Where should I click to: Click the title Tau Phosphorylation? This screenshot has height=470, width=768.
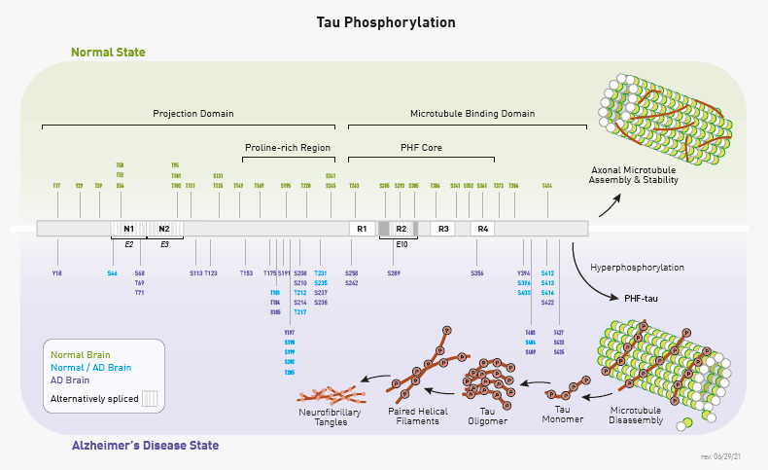385,21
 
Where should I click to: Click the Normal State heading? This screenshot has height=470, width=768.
108,52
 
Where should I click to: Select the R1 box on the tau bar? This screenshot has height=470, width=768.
362,229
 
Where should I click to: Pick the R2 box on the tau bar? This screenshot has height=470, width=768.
401,229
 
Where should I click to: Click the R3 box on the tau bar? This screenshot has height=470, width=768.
443,229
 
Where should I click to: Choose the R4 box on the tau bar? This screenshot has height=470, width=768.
483,229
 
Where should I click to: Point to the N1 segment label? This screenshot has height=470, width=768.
128,229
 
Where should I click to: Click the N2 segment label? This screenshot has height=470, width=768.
163,229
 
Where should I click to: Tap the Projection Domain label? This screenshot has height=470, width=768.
193,114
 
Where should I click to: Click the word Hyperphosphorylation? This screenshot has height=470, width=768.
637,267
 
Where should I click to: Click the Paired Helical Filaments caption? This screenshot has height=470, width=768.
418,416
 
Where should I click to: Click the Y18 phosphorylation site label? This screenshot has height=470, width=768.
56,273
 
